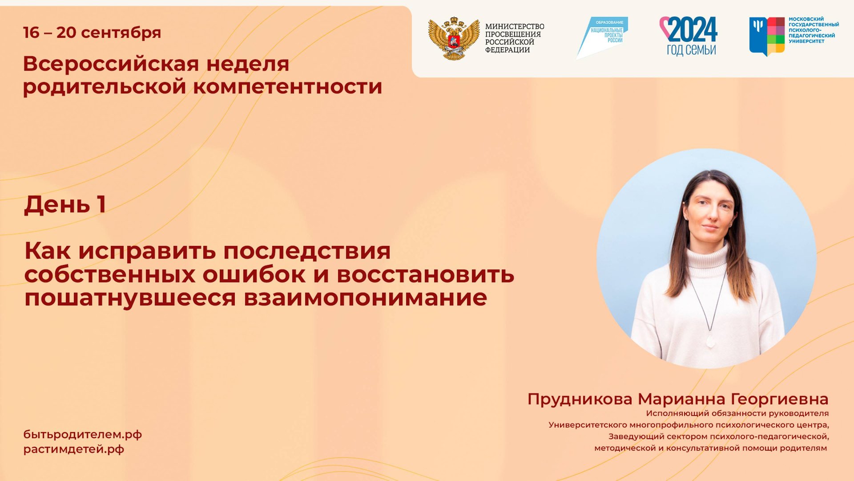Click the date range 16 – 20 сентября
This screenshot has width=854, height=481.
(x=92, y=33)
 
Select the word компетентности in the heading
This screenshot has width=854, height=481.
(x=287, y=86)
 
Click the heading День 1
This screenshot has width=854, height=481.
(x=65, y=204)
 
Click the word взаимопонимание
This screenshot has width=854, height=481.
(x=365, y=298)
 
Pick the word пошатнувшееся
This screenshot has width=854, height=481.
(x=130, y=298)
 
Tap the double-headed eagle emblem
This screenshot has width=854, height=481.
(x=454, y=38)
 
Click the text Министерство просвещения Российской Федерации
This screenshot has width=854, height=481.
(x=514, y=38)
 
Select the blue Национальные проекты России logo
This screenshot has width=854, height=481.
(x=602, y=37)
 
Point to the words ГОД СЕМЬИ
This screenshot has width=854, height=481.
(x=691, y=49)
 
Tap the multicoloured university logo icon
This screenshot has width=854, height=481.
(x=767, y=36)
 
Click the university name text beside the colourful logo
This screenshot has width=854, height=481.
(x=814, y=30)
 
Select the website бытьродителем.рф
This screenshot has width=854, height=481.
(x=83, y=434)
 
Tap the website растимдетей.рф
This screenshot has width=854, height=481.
(x=74, y=449)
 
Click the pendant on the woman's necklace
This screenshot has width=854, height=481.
(x=710, y=342)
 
